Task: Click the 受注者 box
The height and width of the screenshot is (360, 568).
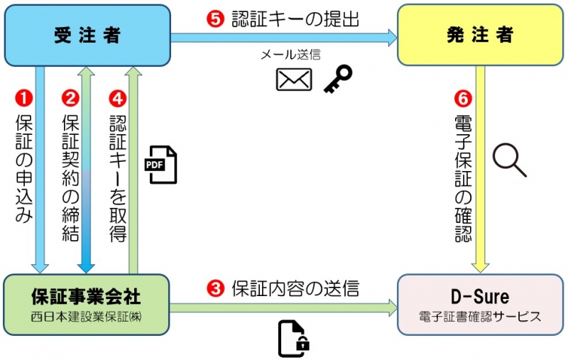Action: (x=87, y=35)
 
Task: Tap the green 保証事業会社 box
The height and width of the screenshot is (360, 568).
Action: (x=87, y=305)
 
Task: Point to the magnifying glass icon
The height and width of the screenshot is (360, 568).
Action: (x=510, y=160)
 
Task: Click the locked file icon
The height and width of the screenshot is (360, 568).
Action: (x=294, y=338)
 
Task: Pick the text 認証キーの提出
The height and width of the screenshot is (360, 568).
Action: (x=295, y=19)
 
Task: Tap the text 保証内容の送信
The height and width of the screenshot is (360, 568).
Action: (x=295, y=288)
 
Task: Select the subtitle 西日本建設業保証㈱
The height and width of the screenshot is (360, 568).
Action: (x=87, y=317)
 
